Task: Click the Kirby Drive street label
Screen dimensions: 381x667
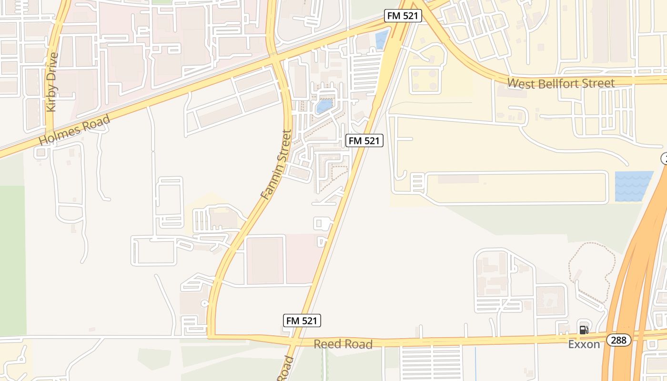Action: pos(52,82)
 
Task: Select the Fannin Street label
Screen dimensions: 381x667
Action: pos(276,164)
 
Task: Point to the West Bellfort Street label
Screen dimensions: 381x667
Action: pos(561,83)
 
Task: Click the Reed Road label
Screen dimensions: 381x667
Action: pos(343,344)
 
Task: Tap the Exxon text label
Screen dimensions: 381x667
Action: pos(584,344)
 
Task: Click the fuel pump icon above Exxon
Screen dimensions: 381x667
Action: pos(584,330)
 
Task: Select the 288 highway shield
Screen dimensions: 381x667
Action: pos(619,340)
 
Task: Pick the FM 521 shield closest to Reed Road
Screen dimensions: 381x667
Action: pos(302,321)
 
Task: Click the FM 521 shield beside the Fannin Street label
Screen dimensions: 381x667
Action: pos(364,140)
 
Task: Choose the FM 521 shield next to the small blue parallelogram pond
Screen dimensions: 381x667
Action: pos(404,16)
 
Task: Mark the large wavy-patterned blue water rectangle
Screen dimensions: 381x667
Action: pos(634,186)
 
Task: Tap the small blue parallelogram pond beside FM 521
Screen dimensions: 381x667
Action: pos(382,40)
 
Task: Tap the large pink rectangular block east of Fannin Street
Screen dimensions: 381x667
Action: pos(265,261)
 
